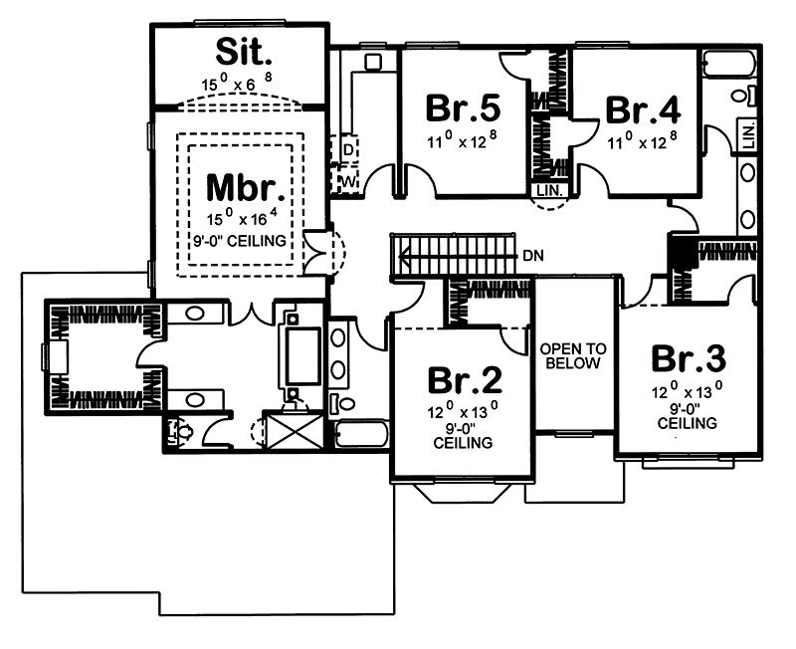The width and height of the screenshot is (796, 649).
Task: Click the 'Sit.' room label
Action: [x=238, y=49]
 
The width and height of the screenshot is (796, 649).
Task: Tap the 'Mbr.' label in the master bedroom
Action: [x=238, y=187]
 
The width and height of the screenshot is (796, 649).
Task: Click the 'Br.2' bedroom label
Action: [x=465, y=380]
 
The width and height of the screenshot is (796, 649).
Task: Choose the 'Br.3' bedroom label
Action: [x=689, y=357]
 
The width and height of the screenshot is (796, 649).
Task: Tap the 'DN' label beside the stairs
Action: [x=533, y=255]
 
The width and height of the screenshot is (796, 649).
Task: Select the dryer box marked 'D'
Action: [x=348, y=149]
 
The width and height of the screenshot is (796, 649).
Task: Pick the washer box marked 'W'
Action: [x=348, y=180]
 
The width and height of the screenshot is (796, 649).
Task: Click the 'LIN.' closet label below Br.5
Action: [x=549, y=189]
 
